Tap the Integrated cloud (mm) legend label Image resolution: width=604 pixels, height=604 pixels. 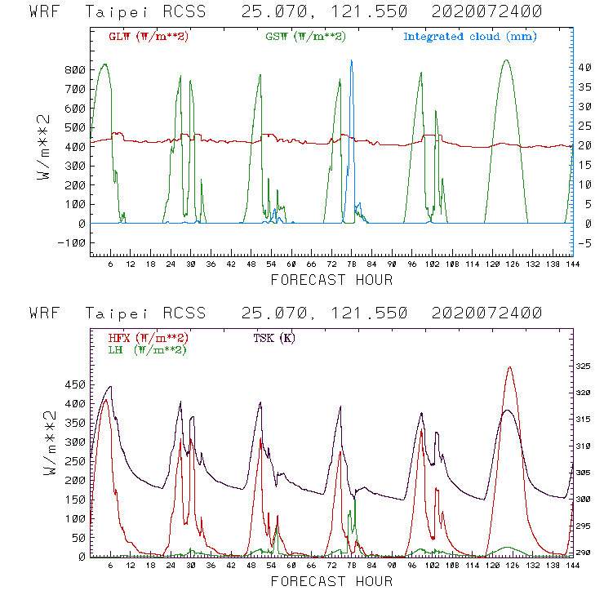point(470,37)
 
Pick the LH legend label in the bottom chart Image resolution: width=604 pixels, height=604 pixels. point(146,349)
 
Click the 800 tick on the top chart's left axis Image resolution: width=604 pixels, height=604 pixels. point(74,70)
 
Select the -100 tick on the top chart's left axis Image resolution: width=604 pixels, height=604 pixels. point(71,242)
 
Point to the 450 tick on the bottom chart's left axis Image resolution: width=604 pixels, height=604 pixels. point(74,384)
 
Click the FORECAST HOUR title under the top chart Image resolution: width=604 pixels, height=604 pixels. point(331,280)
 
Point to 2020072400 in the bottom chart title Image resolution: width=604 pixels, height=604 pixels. point(495,313)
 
